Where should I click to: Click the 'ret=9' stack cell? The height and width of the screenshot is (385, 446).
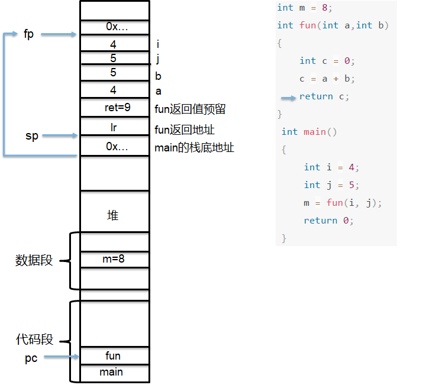(x=115, y=108)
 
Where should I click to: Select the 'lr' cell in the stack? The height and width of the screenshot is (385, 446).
(x=115, y=126)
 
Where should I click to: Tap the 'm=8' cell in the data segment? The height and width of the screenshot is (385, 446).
(x=115, y=259)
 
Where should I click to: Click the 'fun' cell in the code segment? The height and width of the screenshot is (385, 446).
(x=115, y=355)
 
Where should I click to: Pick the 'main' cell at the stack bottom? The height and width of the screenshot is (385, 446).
(x=115, y=373)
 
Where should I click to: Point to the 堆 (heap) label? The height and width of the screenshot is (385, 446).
(x=113, y=215)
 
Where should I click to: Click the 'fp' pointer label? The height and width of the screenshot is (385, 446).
(x=29, y=34)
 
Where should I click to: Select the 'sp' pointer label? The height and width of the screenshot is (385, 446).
(x=32, y=136)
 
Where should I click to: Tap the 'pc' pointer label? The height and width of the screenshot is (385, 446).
(x=31, y=358)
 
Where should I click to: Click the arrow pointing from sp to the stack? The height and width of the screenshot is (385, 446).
(x=60, y=135)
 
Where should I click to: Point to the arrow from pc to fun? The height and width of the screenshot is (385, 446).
(x=62, y=357)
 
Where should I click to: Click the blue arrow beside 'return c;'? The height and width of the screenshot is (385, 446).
(x=289, y=98)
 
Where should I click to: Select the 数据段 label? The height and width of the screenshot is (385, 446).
(x=34, y=260)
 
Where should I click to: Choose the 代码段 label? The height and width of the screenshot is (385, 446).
(x=34, y=339)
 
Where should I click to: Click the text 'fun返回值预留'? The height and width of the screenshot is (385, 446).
(x=190, y=109)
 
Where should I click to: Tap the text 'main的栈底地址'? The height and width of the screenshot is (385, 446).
(x=194, y=148)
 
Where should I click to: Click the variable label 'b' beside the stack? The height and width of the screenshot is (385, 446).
(x=158, y=76)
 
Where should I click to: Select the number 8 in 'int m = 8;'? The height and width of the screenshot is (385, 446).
(x=325, y=8)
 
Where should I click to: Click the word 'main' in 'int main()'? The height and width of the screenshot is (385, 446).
(x=315, y=132)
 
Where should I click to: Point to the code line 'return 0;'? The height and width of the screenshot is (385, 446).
(x=328, y=221)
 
